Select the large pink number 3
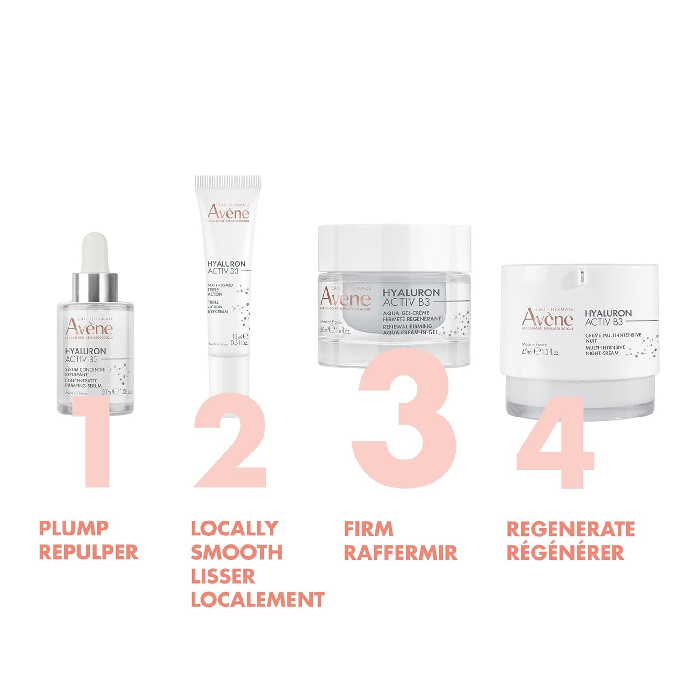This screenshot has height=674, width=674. pyautogui.click(x=404, y=420)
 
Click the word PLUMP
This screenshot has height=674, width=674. pyautogui.click(x=74, y=528)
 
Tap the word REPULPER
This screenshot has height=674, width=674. pyautogui.click(x=89, y=552)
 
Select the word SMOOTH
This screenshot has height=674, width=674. pyautogui.click(x=236, y=552)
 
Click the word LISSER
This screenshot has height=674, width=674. pyautogui.click(x=223, y=576)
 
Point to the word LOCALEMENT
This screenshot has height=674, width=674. pyautogui.click(x=257, y=600)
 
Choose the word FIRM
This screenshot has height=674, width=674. pyautogui.click(x=368, y=529)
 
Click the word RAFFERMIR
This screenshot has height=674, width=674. pyautogui.click(x=400, y=553)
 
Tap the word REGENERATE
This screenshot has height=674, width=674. pyautogui.click(x=571, y=529)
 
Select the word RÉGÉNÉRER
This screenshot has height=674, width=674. pyautogui.click(x=565, y=553)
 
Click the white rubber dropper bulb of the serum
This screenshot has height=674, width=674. pyautogui.click(x=94, y=252)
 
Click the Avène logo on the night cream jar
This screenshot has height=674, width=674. pyautogui.click(x=548, y=319)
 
